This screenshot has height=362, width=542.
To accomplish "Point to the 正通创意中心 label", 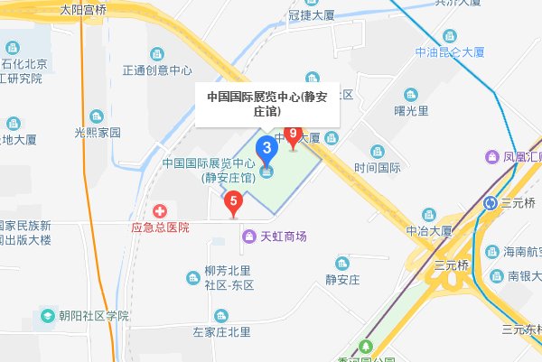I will pos(158,70).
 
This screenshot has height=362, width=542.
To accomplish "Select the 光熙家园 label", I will pos(98,133).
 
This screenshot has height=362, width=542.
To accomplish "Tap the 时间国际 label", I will pos(378,167).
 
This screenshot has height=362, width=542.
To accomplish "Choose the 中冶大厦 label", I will pos(429,231).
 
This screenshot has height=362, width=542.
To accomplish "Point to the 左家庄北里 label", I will pos(221,332).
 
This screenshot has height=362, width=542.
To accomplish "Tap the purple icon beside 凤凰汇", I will pos(492,157).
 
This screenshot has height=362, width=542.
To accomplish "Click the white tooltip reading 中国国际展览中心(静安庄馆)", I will pos(255,103).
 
